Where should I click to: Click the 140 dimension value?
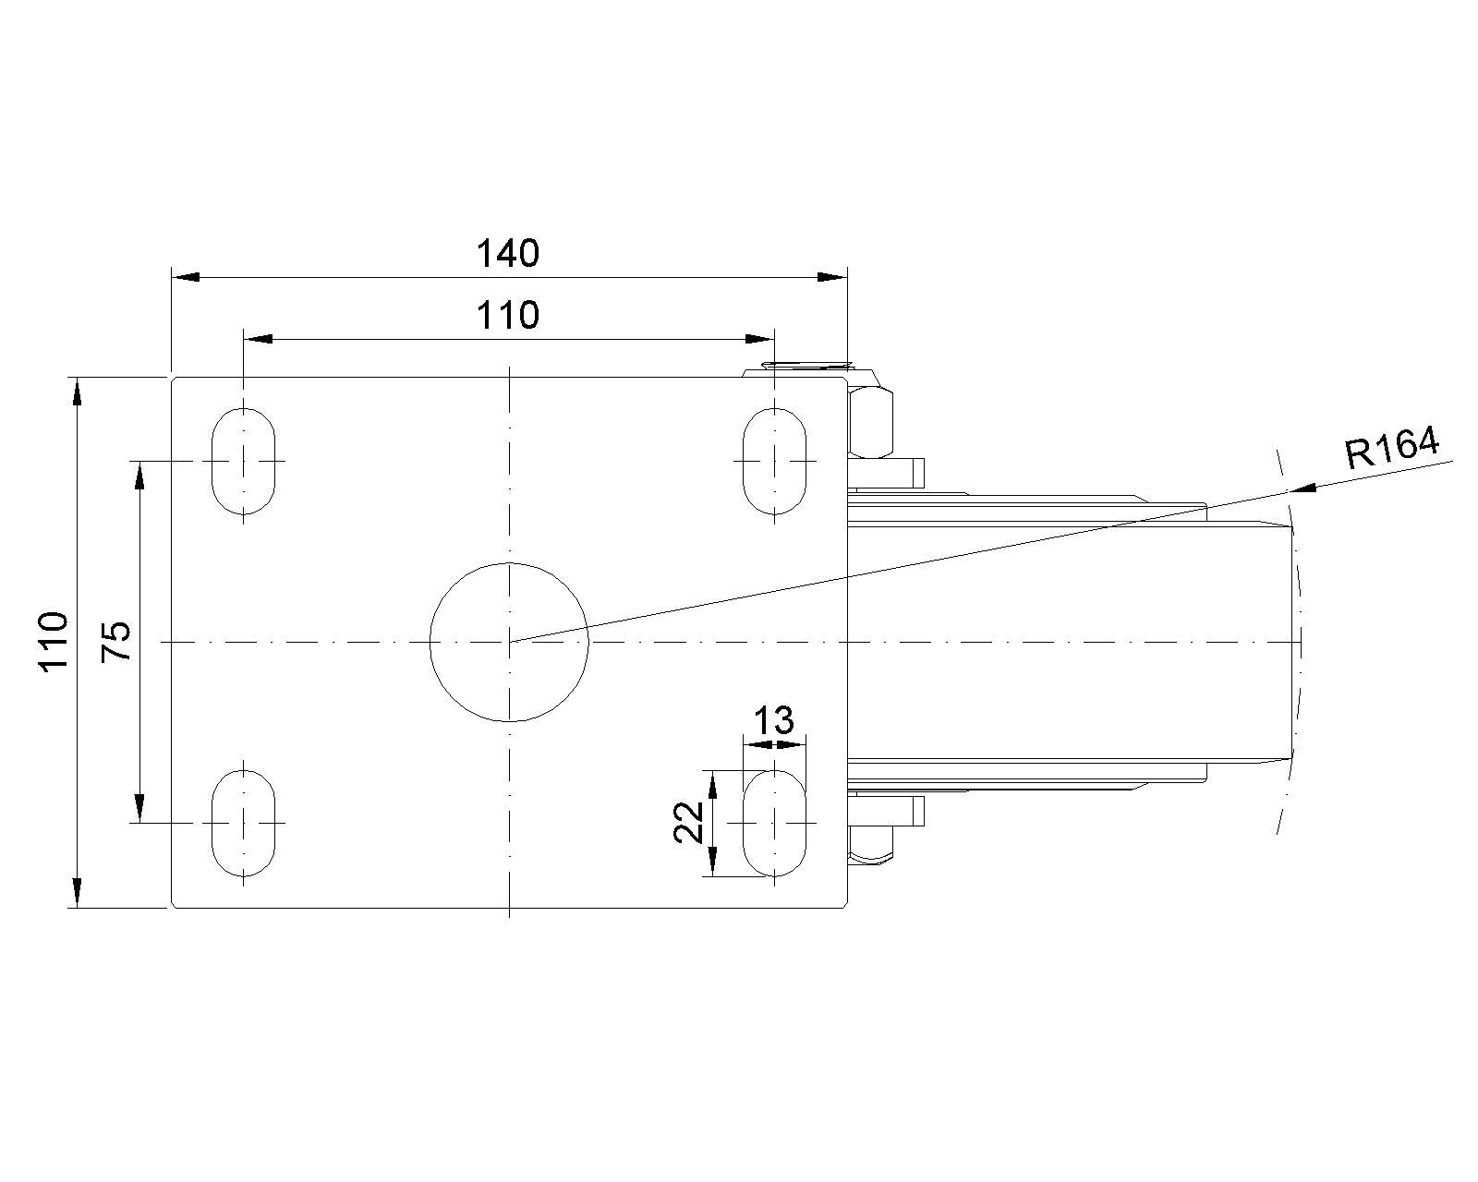click(x=507, y=253)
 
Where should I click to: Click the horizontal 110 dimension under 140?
click(x=507, y=315)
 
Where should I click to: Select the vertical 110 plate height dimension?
click(x=55, y=642)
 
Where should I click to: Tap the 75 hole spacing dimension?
click(x=116, y=642)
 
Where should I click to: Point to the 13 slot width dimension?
click(x=774, y=720)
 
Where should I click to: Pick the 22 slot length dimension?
click(x=688, y=822)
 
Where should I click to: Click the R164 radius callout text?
click(x=1391, y=448)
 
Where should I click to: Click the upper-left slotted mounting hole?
click(x=243, y=461)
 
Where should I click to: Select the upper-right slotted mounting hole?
click(x=775, y=461)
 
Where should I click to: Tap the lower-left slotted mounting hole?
click(x=243, y=823)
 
